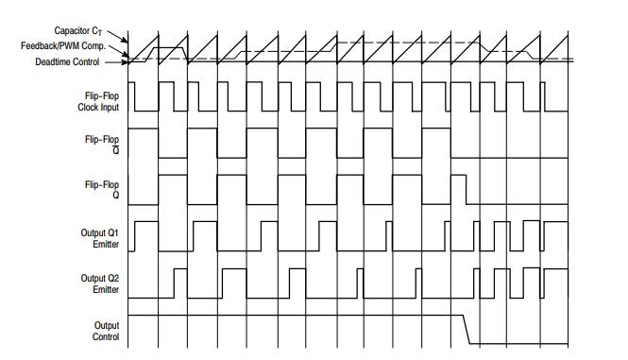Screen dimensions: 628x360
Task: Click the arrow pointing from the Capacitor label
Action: (122, 37)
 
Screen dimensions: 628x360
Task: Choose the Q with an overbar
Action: (116, 148)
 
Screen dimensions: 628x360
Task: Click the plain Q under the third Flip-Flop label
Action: (116, 196)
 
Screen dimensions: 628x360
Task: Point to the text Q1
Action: (114, 233)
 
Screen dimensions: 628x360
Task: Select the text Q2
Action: (114, 280)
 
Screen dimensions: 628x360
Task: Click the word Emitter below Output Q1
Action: (105, 244)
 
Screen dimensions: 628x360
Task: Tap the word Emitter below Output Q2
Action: (105, 290)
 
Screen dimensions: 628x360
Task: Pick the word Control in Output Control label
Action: (105, 336)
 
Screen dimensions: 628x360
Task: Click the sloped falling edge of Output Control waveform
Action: (467, 329)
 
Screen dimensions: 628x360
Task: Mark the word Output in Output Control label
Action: (105, 325)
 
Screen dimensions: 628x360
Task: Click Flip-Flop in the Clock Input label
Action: (103, 95)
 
